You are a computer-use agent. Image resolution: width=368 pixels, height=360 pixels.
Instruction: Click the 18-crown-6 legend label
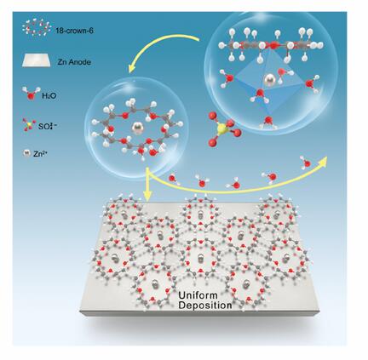(x=75, y=31)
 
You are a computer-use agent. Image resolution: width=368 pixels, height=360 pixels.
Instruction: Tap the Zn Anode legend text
(x=74, y=62)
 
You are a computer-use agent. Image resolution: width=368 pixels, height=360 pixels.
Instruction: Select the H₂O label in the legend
(x=49, y=96)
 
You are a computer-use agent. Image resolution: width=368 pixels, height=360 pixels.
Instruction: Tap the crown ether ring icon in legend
(x=37, y=27)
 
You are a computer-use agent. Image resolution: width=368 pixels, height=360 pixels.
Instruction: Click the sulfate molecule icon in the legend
(x=28, y=124)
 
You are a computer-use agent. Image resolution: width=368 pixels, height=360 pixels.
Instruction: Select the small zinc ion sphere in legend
(x=26, y=153)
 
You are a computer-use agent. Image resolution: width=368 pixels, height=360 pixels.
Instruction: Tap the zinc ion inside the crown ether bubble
(x=138, y=129)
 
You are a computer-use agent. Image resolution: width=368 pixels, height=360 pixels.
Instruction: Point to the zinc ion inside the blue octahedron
(x=267, y=81)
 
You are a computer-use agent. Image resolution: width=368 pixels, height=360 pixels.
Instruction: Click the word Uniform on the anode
(x=198, y=295)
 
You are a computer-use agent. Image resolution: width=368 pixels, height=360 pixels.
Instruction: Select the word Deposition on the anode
(x=205, y=306)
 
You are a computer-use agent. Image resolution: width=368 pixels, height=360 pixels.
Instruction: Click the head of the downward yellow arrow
(x=147, y=195)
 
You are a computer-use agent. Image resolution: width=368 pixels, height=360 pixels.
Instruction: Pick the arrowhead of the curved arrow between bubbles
(x=133, y=68)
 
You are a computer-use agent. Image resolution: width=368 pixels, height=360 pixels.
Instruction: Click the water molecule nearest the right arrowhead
(x=306, y=163)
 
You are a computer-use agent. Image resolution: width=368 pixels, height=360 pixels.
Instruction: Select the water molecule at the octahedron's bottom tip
(x=268, y=122)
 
